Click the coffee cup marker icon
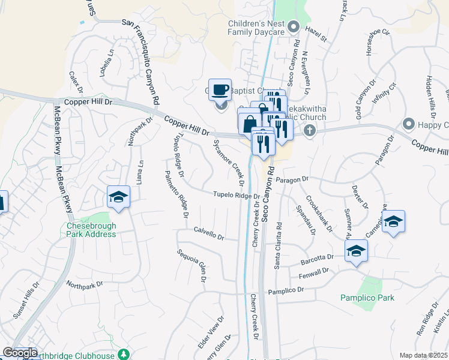(220, 91)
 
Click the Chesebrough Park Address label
(91, 230)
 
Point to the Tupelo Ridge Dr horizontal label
(238, 195)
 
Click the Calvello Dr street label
(209, 233)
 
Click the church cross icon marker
(309, 131)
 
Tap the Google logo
(20, 353)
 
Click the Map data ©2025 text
(424, 355)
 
